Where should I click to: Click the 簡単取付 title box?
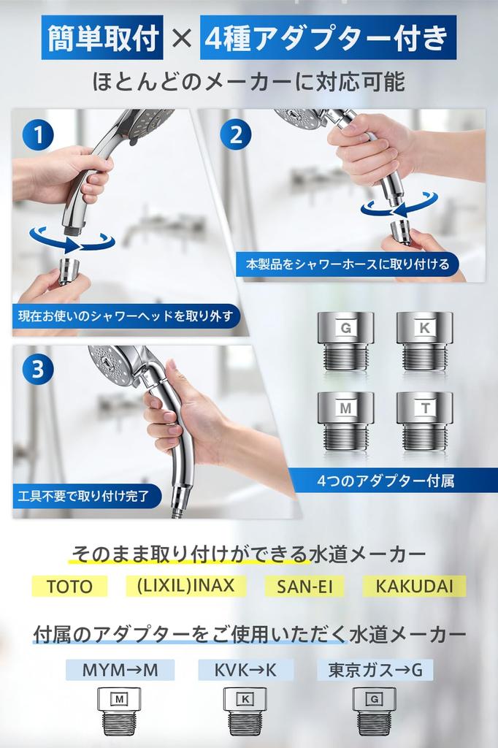(x=102, y=40)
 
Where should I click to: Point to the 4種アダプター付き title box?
(x=328, y=40)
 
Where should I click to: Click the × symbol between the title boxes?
(x=180, y=40)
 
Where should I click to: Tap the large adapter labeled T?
(x=424, y=421)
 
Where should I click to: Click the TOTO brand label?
(x=69, y=587)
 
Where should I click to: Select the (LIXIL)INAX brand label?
(x=185, y=586)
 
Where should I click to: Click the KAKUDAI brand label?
(x=414, y=586)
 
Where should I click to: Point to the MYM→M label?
(x=120, y=670)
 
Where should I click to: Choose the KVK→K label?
(x=245, y=670)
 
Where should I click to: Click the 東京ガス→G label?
(x=375, y=670)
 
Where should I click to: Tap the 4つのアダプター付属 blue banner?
(x=386, y=481)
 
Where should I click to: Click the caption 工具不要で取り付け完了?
(x=85, y=497)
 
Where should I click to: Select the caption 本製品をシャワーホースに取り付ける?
(x=347, y=263)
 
